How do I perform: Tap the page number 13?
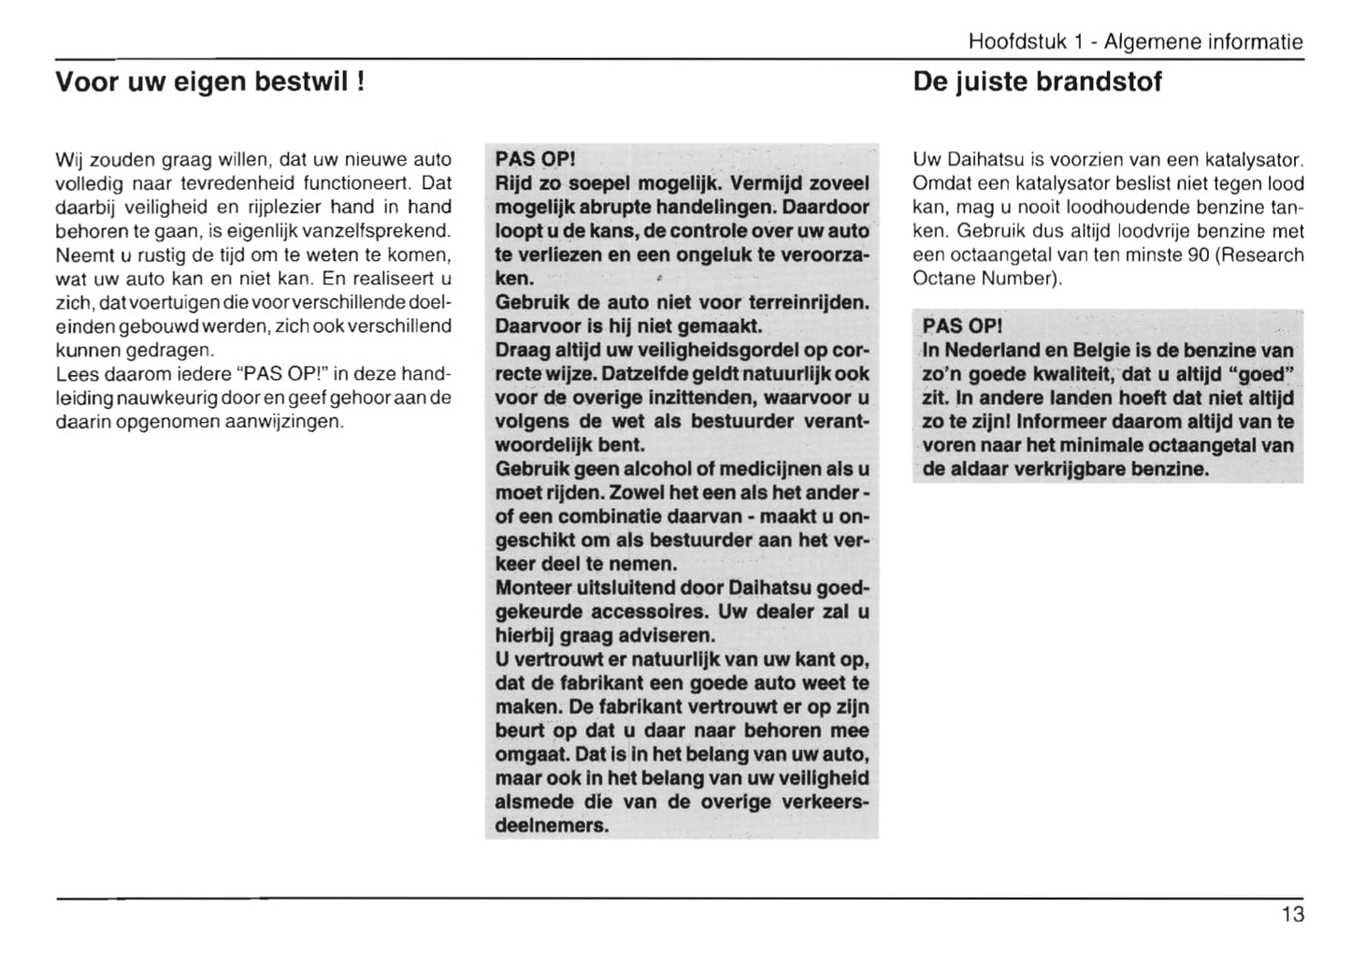point(1292,915)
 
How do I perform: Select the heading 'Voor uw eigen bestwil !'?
point(209,82)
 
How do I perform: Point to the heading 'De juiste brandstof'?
point(1037,82)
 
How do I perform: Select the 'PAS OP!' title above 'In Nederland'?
point(962,326)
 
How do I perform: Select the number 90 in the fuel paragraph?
point(1199,255)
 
